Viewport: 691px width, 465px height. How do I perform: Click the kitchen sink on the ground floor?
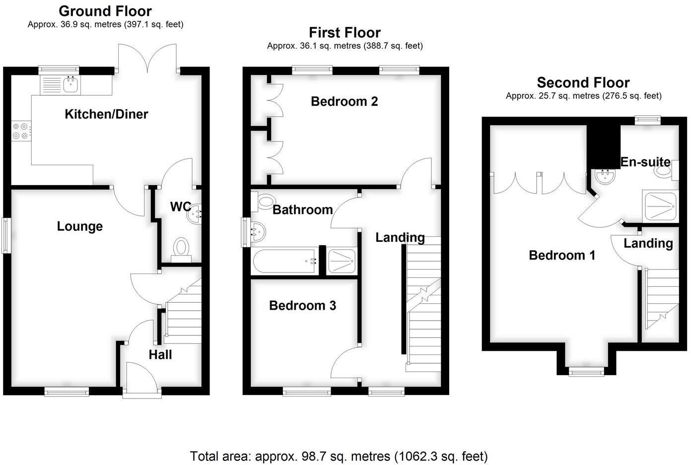(70, 85)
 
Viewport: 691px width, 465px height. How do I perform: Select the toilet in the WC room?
(182, 249)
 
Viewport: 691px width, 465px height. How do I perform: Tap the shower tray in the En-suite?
(660, 205)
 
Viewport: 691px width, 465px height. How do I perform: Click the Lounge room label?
(79, 226)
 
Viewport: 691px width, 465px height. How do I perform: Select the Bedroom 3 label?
(302, 305)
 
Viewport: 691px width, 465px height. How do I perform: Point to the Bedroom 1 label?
(562, 255)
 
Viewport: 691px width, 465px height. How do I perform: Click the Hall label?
(160, 354)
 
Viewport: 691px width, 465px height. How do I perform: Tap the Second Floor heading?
(583, 82)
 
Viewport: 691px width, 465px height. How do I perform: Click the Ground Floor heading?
(105, 11)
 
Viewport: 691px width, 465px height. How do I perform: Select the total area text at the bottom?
(339, 456)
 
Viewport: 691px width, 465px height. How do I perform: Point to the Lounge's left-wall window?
(6, 236)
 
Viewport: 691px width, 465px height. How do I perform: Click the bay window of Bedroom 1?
(586, 371)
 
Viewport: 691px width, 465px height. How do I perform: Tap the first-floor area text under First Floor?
(345, 46)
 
